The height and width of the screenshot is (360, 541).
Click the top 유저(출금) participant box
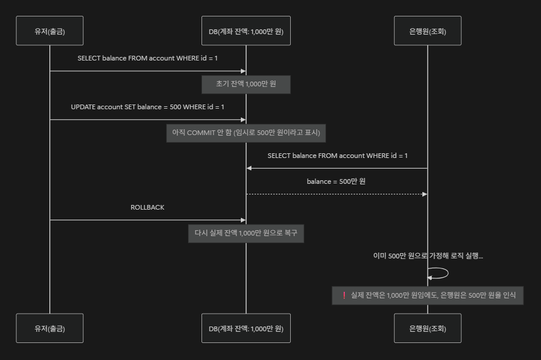(49, 31)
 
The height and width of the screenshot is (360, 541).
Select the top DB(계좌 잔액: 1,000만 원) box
(246, 31)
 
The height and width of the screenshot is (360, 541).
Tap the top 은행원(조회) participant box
(427, 31)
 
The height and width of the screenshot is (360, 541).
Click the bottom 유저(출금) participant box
(49, 328)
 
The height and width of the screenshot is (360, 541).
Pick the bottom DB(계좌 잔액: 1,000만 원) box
(246, 328)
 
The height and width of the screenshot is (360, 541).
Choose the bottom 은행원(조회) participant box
(427, 328)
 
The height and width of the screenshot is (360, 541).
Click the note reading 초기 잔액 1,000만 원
(246, 85)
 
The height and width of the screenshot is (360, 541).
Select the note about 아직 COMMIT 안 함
(246, 133)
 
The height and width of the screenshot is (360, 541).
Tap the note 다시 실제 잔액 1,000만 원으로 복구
(246, 233)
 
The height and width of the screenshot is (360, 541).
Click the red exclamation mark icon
(344, 295)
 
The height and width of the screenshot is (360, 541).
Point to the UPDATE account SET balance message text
(147, 107)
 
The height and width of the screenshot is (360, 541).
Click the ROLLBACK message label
(147, 208)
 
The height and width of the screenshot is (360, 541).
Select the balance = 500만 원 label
(336, 181)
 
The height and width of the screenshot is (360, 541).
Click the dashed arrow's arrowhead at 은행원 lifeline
(424, 194)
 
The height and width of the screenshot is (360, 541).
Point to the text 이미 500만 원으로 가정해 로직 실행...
(428, 256)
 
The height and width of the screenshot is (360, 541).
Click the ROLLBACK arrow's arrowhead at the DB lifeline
(242, 220)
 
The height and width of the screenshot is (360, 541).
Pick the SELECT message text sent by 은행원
(337, 156)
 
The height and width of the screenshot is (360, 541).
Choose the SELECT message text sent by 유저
(147, 59)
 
